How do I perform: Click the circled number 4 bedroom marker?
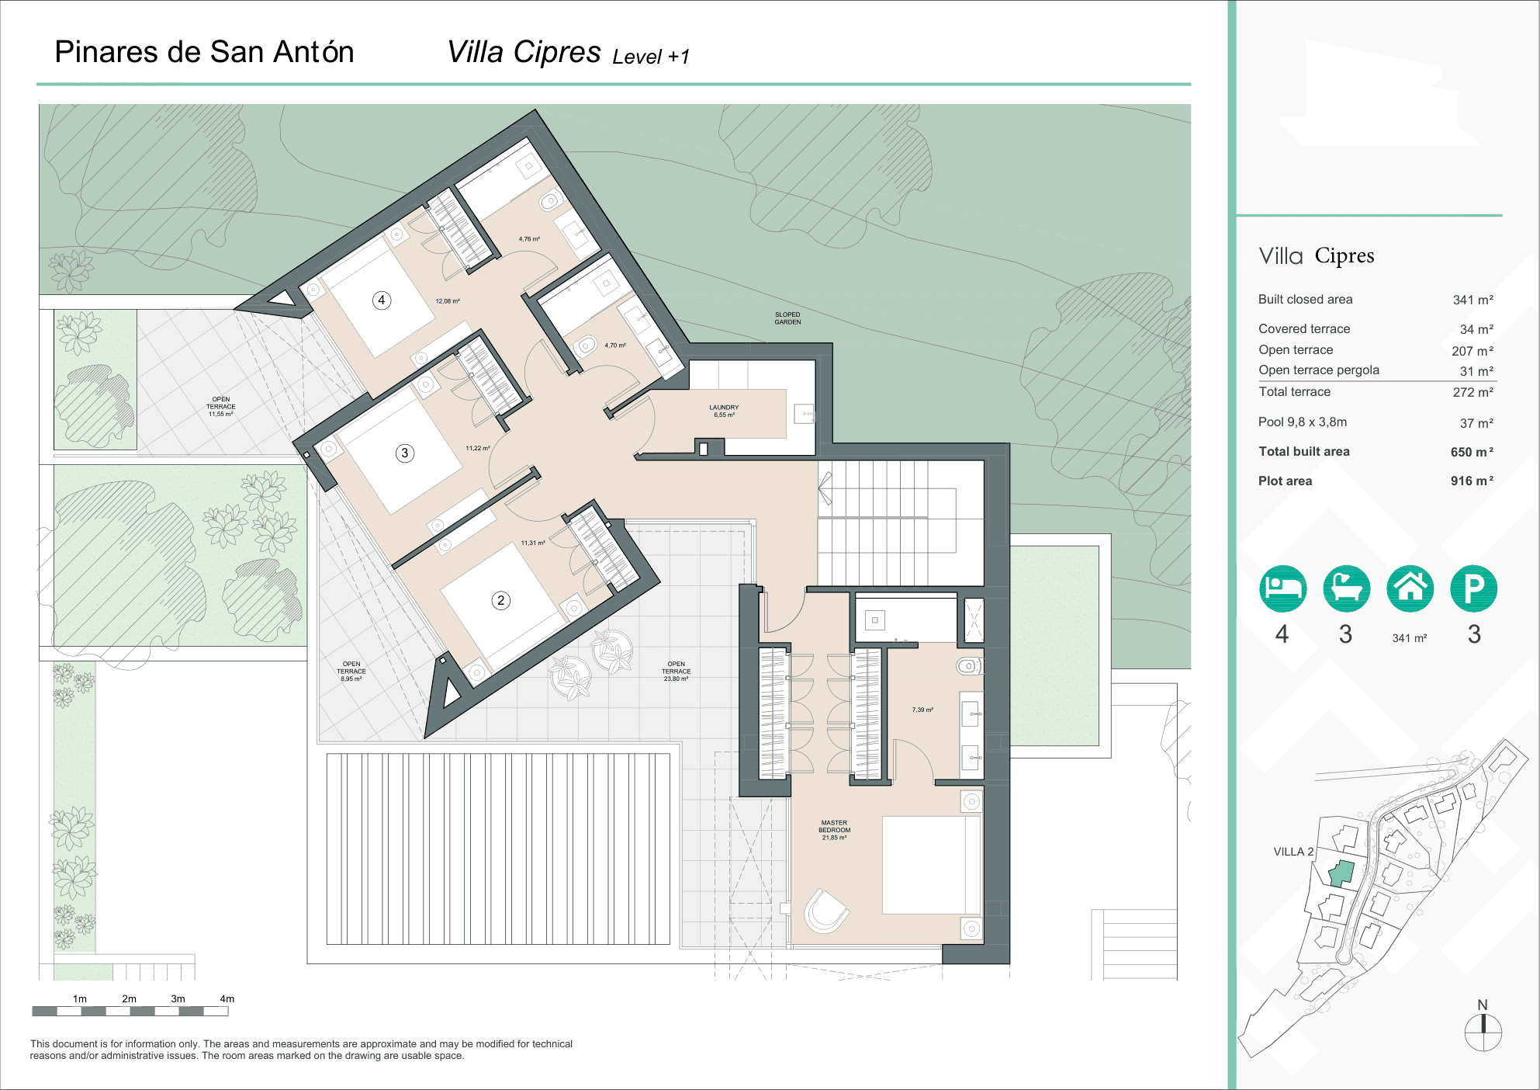(381, 300)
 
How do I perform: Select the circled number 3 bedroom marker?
(404, 453)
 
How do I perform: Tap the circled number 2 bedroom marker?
(500, 600)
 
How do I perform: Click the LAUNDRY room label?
(724, 411)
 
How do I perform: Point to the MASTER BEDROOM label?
(834, 830)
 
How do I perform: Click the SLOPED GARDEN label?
(787, 318)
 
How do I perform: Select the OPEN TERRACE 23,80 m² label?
(676, 672)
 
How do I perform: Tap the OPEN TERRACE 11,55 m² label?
(220, 407)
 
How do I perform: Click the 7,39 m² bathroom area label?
(922, 710)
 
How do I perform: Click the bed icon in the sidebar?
(1282, 588)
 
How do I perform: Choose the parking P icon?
(1473, 588)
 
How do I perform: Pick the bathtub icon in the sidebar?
(1346, 588)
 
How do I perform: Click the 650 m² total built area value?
(1471, 452)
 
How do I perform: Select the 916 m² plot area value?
(1471, 481)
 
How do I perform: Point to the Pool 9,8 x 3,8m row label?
(1302, 422)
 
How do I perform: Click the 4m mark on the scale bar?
(227, 999)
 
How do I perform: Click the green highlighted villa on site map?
(1341, 873)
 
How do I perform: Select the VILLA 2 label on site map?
(1293, 852)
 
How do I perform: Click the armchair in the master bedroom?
(825, 910)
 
